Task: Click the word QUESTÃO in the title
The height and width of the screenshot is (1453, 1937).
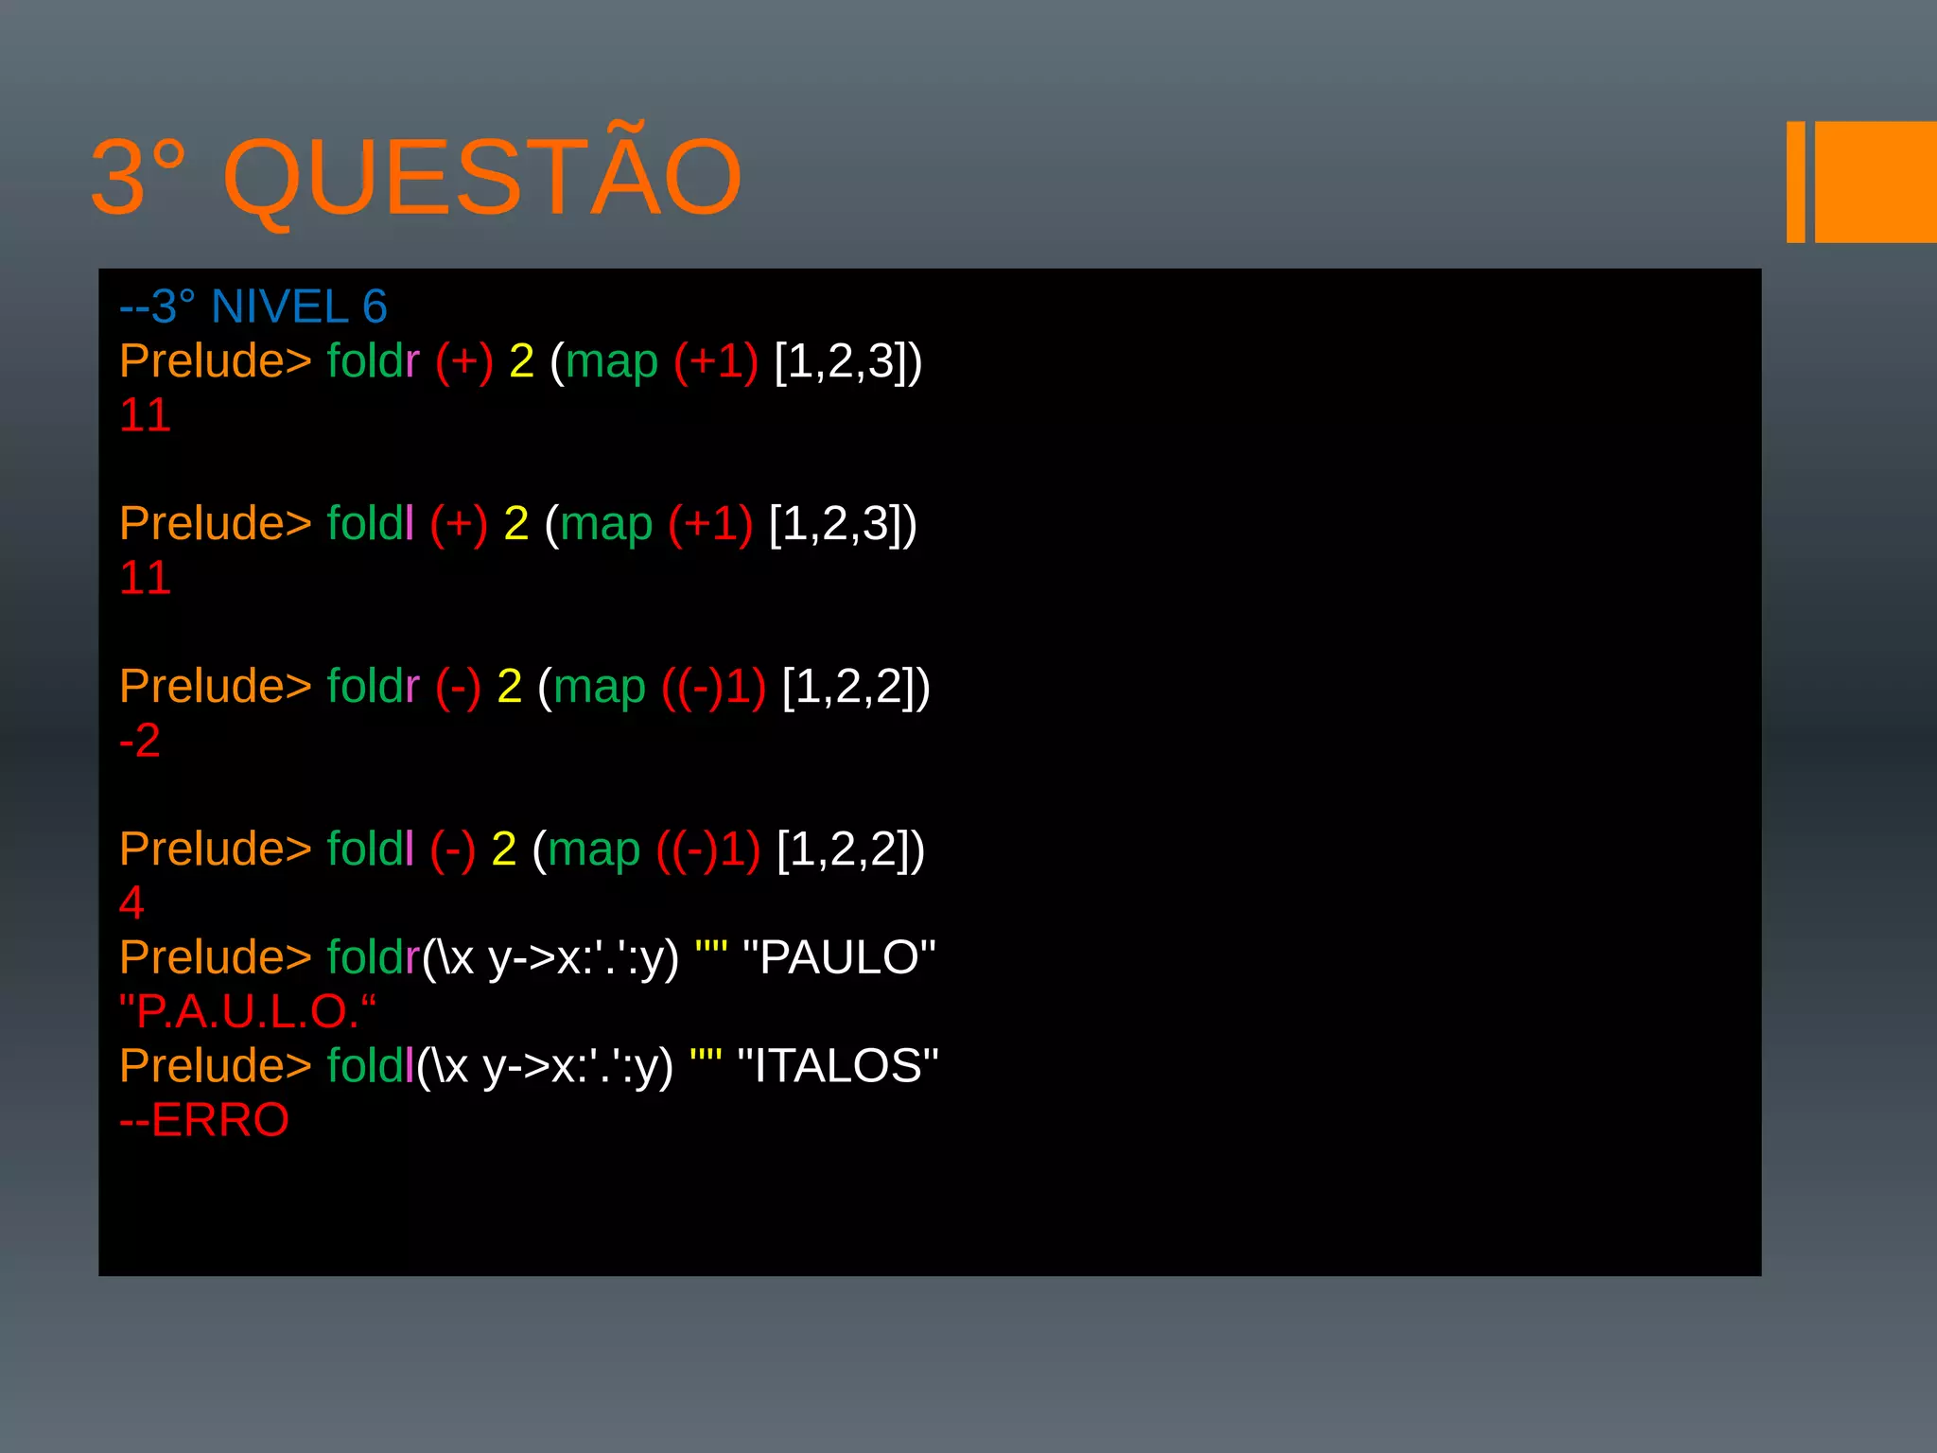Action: coord(482,178)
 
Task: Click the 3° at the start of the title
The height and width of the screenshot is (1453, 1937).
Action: coord(137,178)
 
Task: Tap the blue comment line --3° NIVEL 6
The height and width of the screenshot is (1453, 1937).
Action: coord(253,306)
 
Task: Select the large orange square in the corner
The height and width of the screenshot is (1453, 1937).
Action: coord(1875,182)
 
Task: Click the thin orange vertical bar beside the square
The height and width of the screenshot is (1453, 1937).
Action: coord(1795,182)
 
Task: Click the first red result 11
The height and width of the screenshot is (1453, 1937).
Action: coord(145,415)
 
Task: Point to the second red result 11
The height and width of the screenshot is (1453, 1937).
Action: coord(145,578)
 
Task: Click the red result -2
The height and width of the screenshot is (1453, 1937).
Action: coord(140,741)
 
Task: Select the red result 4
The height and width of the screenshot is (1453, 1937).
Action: coord(131,902)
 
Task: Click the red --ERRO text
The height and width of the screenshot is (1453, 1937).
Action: coord(204,1120)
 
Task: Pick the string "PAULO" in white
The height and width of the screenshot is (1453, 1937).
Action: coord(839,957)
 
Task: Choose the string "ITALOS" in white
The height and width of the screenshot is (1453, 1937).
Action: coord(837,1066)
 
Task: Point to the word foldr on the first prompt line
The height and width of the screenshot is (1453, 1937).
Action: coord(373,361)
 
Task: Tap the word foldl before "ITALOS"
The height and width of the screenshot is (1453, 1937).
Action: coord(370,1066)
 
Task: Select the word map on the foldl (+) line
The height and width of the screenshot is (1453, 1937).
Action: coord(606,524)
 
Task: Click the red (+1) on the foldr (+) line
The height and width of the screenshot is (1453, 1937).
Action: coord(716,361)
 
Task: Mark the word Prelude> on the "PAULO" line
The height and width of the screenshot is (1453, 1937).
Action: coord(216,957)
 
